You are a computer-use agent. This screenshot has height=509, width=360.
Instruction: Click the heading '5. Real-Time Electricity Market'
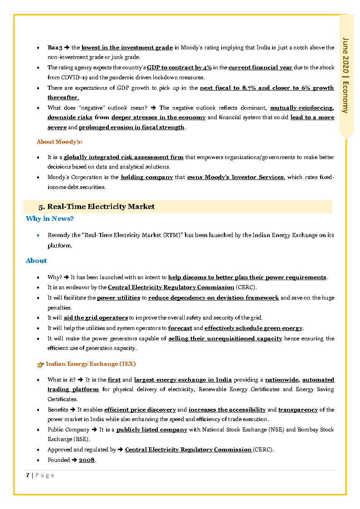(x=97, y=207)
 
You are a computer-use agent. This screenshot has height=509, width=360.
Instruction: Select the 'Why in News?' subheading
(x=50, y=218)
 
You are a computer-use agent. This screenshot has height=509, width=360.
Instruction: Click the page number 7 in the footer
(x=28, y=475)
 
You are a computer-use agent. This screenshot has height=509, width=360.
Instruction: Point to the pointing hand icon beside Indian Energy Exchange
(x=40, y=364)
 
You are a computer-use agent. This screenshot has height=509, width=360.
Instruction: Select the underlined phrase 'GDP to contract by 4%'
(x=179, y=68)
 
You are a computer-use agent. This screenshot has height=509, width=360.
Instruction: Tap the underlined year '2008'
(x=87, y=460)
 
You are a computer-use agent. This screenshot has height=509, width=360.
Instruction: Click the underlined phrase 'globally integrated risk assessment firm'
(x=123, y=157)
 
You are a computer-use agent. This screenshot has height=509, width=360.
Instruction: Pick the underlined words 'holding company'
(x=146, y=177)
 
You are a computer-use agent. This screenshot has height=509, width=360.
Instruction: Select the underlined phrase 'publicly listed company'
(x=151, y=430)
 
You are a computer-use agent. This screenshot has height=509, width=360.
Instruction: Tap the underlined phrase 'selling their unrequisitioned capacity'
(x=225, y=339)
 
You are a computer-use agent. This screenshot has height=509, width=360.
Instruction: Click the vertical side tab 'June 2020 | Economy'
(x=346, y=75)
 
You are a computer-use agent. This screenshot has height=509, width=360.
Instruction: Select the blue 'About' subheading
(x=36, y=261)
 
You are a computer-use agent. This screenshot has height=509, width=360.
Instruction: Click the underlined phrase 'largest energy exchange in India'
(x=183, y=380)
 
